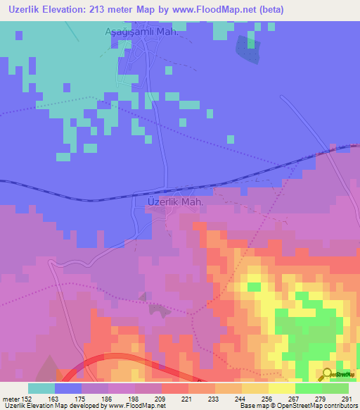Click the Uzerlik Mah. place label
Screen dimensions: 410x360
point(176,201)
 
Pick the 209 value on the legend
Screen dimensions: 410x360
point(160,398)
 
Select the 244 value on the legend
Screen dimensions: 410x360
point(240,398)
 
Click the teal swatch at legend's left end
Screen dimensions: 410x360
point(41,388)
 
